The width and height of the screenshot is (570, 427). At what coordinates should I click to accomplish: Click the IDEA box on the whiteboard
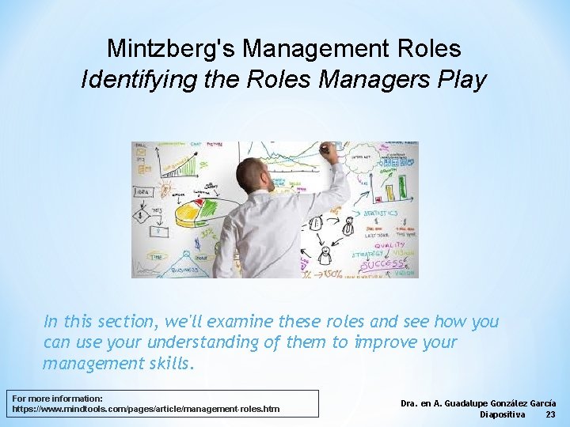click(142, 191)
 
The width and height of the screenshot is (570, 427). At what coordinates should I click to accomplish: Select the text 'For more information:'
click(58, 398)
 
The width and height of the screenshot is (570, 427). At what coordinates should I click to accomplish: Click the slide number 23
click(551, 414)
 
